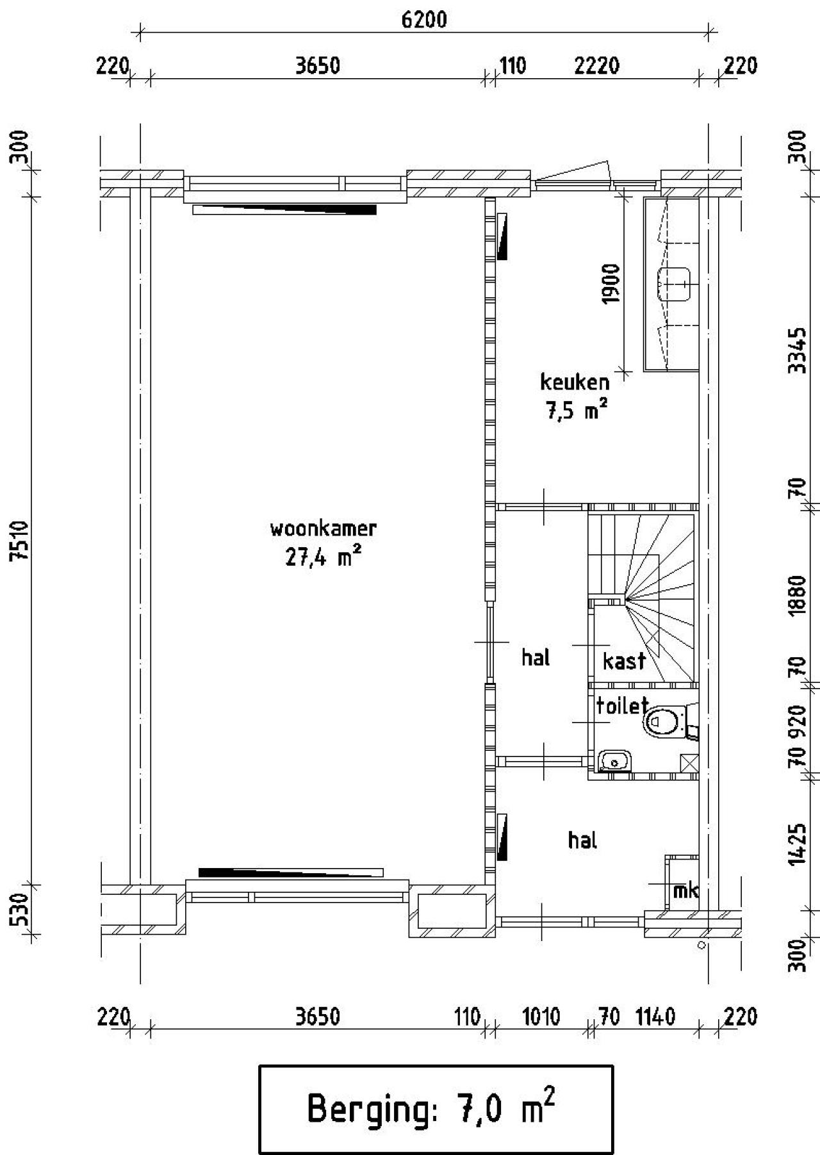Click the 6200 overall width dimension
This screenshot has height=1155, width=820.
click(x=423, y=20)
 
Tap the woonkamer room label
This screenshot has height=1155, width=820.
click(x=323, y=530)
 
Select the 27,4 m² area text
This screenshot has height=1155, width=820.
click(x=323, y=557)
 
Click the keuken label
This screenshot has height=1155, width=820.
click(x=575, y=382)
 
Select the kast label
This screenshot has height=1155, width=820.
click(x=623, y=660)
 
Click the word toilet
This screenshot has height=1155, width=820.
click(x=622, y=705)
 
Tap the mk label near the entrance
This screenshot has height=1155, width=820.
click(x=685, y=890)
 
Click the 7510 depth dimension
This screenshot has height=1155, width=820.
click(x=21, y=540)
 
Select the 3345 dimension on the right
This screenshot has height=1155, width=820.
click(x=796, y=350)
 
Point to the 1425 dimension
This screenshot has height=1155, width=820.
click(x=796, y=844)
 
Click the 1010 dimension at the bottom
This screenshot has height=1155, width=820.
click(x=541, y=1017)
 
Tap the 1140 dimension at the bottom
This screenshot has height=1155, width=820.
click(x=655, y=1017)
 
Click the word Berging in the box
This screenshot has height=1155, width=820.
click(x=369, y=1109)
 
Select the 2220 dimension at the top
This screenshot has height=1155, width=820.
click(x=596, y=65)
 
